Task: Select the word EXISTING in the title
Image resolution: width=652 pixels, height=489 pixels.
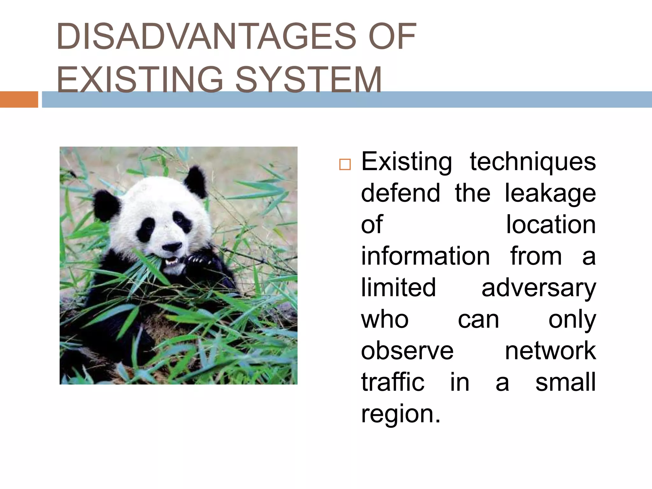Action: [x=140, y=80]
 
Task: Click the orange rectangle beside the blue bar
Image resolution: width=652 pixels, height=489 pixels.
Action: [x=19, y=99]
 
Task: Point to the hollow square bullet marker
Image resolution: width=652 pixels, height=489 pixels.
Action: [x=344, y=165]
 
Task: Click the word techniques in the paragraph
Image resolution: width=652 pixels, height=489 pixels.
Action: [x=533, y=162]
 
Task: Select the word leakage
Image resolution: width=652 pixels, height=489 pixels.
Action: [x=550, y=194]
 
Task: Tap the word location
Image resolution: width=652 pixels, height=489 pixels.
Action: [x=551, y=225]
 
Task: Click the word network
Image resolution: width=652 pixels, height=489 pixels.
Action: [x=550, y=351]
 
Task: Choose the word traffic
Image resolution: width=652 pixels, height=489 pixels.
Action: [x=393, y=382]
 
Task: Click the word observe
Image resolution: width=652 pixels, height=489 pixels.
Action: [x=407, y=351]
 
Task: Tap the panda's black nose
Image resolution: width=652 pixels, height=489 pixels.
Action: [x=172, y=246]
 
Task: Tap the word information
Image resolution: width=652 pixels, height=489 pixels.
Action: [x=425, y=256]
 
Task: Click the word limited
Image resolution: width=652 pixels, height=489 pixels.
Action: [x=398, y=287]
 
